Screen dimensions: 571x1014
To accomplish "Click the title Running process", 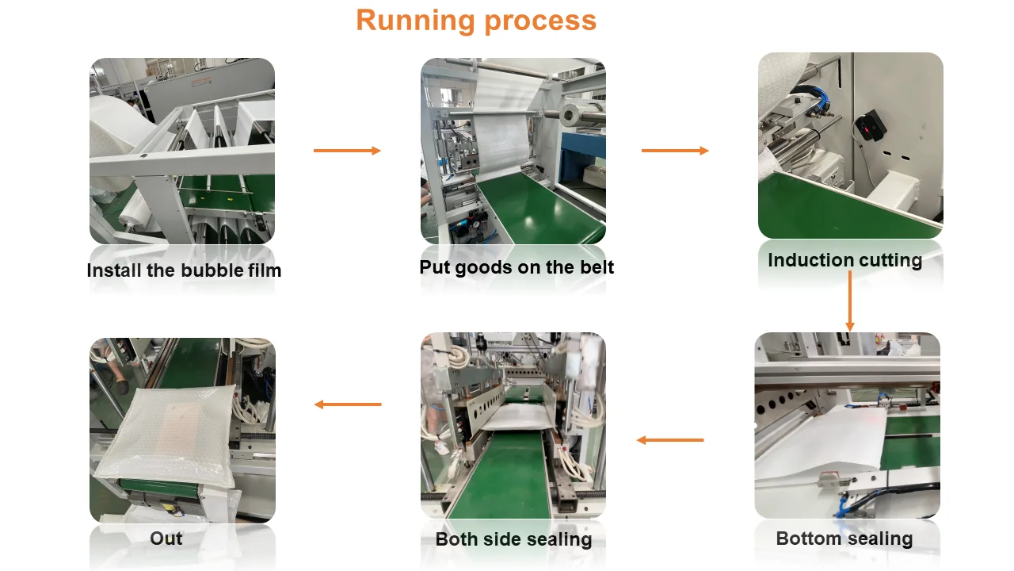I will [x=476, y=20].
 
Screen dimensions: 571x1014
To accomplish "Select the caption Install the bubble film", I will [x=184, y=270].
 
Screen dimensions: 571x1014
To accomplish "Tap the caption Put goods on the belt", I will [x=517, y=267].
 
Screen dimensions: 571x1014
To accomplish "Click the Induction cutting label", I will [x=844, y=260].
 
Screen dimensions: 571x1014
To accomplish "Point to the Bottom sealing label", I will [x=844, y=539].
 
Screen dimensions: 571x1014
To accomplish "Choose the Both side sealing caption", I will [x=513, y=540].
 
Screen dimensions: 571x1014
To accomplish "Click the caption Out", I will [x=166, y=538].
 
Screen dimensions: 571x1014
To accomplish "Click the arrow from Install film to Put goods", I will [x=347, y=151].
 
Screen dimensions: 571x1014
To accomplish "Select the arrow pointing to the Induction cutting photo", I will [x=675, y=151].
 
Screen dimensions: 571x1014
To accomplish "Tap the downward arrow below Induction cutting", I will [x=850, y=301].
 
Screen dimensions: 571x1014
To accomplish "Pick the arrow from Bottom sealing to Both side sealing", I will [x=670, y=440].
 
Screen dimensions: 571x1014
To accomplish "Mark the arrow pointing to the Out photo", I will [x=348, y=404].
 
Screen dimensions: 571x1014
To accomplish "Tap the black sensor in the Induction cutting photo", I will [x=868, y=125].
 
